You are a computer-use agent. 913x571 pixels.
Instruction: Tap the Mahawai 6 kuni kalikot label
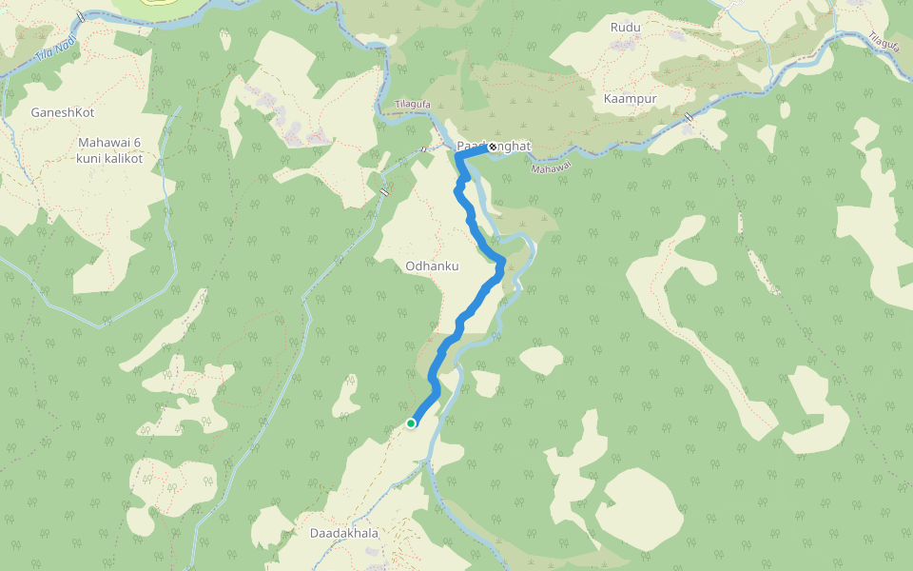(109, 150)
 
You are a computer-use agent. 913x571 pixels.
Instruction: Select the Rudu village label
(626, 27)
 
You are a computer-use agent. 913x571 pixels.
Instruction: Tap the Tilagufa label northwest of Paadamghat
(413, 105)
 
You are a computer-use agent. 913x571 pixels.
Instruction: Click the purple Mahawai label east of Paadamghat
(551, 168)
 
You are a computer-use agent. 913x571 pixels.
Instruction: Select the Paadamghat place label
(493, 146)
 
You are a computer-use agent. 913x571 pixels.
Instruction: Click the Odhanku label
(432, 266)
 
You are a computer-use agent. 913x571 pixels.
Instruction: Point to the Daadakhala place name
(344, 533)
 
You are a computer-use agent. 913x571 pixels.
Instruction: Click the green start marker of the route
(411, 423)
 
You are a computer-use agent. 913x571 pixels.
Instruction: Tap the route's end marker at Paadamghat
(492, 147)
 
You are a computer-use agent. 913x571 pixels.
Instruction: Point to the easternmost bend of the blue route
(501, 263)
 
